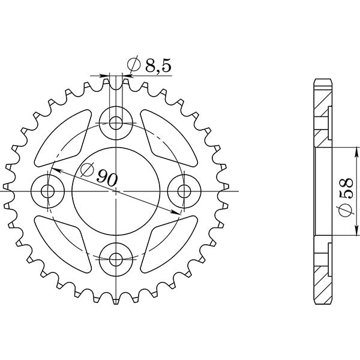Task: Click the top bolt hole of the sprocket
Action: click(x=116, y=123)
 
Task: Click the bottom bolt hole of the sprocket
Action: click(x=116, y=259)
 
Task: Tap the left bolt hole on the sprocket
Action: click(x=48, y=191)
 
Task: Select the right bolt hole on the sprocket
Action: click(x=184, y=191)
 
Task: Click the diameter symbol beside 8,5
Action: click(x=134, y=64)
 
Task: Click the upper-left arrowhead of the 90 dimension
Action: click(x=53, y=171)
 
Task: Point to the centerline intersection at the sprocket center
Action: click(x=116, y=191)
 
